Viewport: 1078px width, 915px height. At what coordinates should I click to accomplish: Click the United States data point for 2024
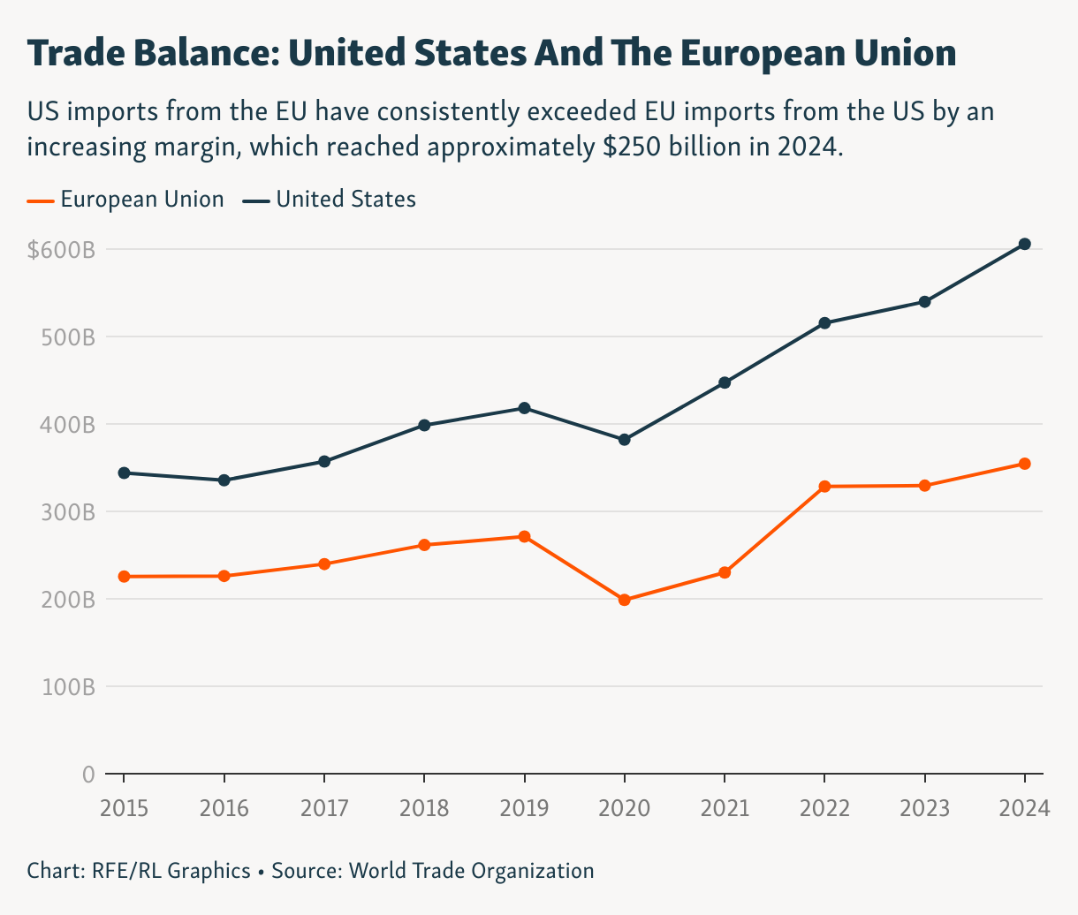click(1025, 244)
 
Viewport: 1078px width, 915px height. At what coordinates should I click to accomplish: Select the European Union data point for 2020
click(625, 600)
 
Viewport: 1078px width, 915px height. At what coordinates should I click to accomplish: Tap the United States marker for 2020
click(625, 440)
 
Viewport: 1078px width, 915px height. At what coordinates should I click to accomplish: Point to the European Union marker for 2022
click(824, 487)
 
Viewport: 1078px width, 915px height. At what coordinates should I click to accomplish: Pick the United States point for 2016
click(224, 480)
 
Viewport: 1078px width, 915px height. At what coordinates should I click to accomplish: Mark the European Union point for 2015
click(124, 577)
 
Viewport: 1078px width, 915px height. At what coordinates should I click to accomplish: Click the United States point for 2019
click(524, 408)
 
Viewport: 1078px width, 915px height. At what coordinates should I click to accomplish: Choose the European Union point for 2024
click(1025, 464)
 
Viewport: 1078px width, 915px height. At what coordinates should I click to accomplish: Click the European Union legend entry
click(141, 200)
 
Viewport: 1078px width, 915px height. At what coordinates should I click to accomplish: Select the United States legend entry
click(345, 200)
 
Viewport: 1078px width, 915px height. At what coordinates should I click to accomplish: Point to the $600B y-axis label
click(61, 250)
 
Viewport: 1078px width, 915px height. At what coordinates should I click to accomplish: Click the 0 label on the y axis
click(87, 775)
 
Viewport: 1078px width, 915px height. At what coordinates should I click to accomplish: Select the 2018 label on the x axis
click(424, 807)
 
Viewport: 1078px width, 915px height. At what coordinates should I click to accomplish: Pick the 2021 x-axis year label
click(725, 807)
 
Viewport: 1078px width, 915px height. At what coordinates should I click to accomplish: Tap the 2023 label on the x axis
click(924, 807)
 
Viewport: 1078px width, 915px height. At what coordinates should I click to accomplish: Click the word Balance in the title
click(203, 54)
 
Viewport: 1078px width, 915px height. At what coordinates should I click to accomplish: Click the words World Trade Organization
click(471, 871)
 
